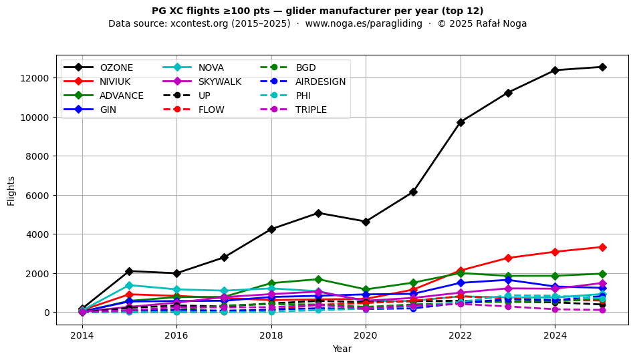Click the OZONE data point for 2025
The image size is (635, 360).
[602, 67]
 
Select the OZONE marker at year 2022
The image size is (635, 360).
[461, 122]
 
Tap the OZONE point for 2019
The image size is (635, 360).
[318, 213]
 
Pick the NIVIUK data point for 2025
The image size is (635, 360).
[602, 247]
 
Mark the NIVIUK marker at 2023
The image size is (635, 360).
[508, 258]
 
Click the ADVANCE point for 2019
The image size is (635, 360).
[318, 279]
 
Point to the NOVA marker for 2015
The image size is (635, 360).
[129, 285]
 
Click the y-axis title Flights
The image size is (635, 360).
[11, 190]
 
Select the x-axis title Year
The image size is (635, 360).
[342, 349]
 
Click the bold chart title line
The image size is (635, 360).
[317, 11]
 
